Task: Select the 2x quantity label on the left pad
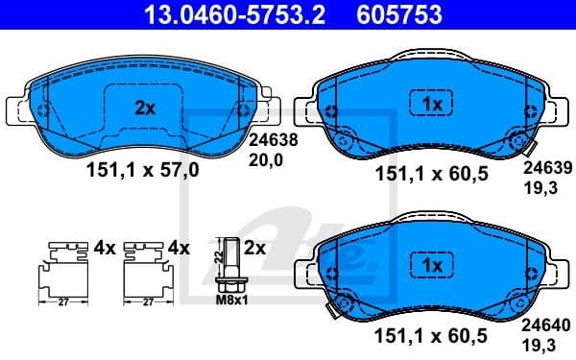tap(145, 108)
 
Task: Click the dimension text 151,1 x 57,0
tap(144, 170)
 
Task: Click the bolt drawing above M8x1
tap(229, 264)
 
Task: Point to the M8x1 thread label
tap(229, 300)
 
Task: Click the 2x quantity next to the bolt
tap(254, 247)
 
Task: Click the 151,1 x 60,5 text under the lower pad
tap(429, 335)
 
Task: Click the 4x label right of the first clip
tap(105, 247)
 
